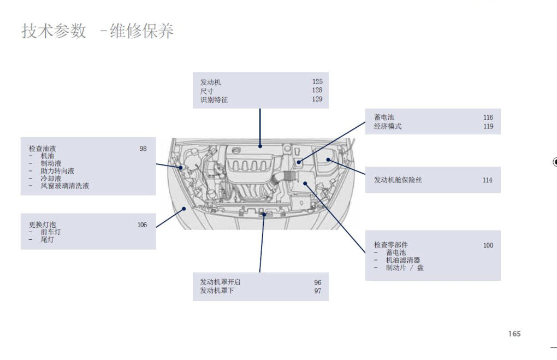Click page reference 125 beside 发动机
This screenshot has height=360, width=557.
click(317, 82)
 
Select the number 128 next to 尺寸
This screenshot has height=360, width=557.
click(317, 90)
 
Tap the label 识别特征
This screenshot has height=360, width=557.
click(214, 99)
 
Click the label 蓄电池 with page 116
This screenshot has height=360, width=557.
click(384, 117)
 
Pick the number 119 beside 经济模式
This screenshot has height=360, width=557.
click(488, 126)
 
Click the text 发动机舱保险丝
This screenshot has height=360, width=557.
click(398, 180)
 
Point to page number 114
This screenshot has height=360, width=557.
click(487, 180)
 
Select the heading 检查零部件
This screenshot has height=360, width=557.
click(391, 245)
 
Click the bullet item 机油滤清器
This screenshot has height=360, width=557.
click(403, 260)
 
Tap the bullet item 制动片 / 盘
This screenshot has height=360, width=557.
click(405, 268)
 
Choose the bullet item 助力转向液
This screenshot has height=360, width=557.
click(57, 171)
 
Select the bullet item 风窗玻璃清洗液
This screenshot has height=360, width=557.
click(64, 186)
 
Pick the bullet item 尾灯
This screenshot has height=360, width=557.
click(48, 239)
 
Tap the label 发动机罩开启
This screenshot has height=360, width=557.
click(220, 282)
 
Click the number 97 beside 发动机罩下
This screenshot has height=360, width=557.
click(318, 291)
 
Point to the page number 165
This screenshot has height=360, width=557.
click(514, 334)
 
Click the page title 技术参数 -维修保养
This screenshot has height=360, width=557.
click(98, 31)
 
